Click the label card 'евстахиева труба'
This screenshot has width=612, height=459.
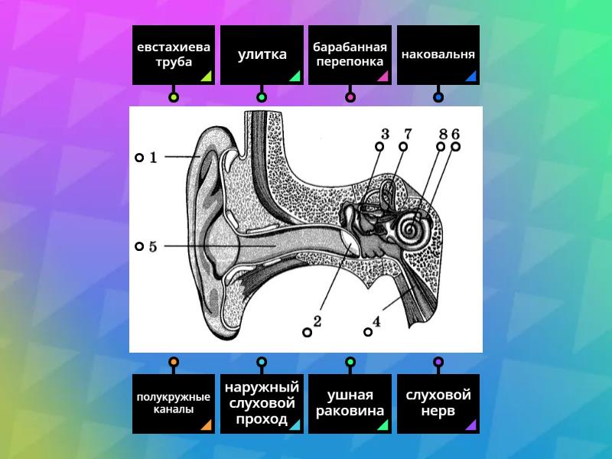(x=174, y=55)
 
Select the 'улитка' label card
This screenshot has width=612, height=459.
(x=262, y=55)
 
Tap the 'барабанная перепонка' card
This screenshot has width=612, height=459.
(x=350, y=55)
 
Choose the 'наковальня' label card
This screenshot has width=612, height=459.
(x=438, y=55)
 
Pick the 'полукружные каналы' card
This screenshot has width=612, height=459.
(x=174, y=403)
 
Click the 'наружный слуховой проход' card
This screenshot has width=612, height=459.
(x=262, y=403)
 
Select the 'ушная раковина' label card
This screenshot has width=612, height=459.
(x=350, y=403)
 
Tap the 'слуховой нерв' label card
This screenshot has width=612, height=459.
(x=438, y=403)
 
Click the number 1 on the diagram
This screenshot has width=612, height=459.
(x=153, y=158)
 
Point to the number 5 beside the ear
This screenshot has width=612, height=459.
(x=153, y=246)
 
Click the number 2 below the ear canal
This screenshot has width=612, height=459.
(x=317, y=322)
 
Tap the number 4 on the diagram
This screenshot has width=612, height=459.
(x=376, y=322)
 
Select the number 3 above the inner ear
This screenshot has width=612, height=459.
(x=386, y=135)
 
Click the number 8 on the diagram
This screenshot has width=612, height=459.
(x=442, y=135)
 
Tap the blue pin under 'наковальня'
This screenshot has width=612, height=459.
(x=438, y=97)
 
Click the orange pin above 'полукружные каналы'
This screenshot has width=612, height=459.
(x=174, y=362)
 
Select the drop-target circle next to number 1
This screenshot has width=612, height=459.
(x=139, y=158)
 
